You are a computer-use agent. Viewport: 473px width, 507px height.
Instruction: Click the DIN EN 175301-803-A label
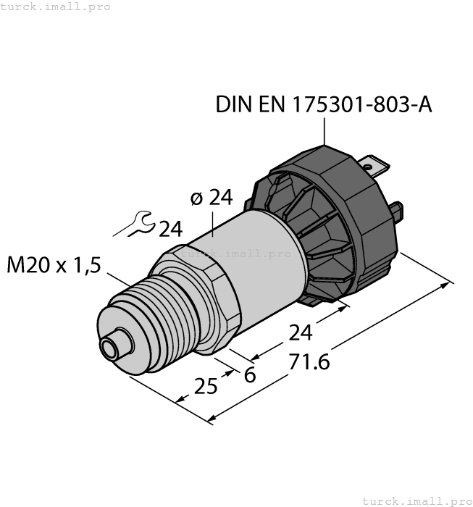pyautogui.click(x=324, y=105)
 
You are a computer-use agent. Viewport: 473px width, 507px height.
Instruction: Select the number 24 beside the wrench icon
pyautogui.click(x=170, y=230)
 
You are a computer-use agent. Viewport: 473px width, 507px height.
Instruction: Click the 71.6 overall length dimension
pyautogui.click(x=309, y=361)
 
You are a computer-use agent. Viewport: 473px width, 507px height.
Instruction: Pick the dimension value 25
pyautogui.click(x=206, y=387)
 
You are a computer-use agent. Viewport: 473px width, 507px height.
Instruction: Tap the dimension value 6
pyautogui.click(x=250, y=375)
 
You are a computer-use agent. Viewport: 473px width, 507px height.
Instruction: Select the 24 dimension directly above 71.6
pyautogui.click(x=300, y=333)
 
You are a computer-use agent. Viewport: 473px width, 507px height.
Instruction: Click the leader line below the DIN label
pyautogui.click(x=324, y=131)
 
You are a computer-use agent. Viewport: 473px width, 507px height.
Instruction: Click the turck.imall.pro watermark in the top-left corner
pyautogui.click(x=56, y=7)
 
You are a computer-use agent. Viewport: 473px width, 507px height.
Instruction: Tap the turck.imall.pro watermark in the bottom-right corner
pyautogui.click(x=416, y=500)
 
